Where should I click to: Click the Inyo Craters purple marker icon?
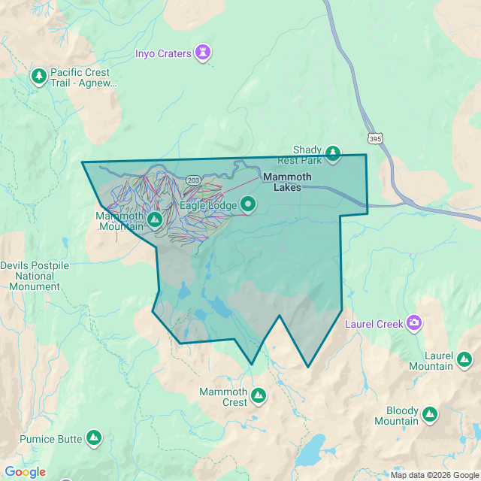coord(203,53)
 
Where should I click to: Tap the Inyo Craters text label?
coord(164,53)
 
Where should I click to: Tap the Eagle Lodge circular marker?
coord(247,204)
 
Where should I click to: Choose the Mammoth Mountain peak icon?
coord(154,219)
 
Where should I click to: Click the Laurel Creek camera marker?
coord(413,323)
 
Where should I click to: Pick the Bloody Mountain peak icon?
coord(429,415)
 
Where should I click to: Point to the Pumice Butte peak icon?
coord(93,437)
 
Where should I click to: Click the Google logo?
coord(25,472)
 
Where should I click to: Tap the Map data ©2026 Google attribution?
coord(434,475)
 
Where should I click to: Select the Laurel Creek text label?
coord(374,325)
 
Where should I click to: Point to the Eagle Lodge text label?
coord(208,204)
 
